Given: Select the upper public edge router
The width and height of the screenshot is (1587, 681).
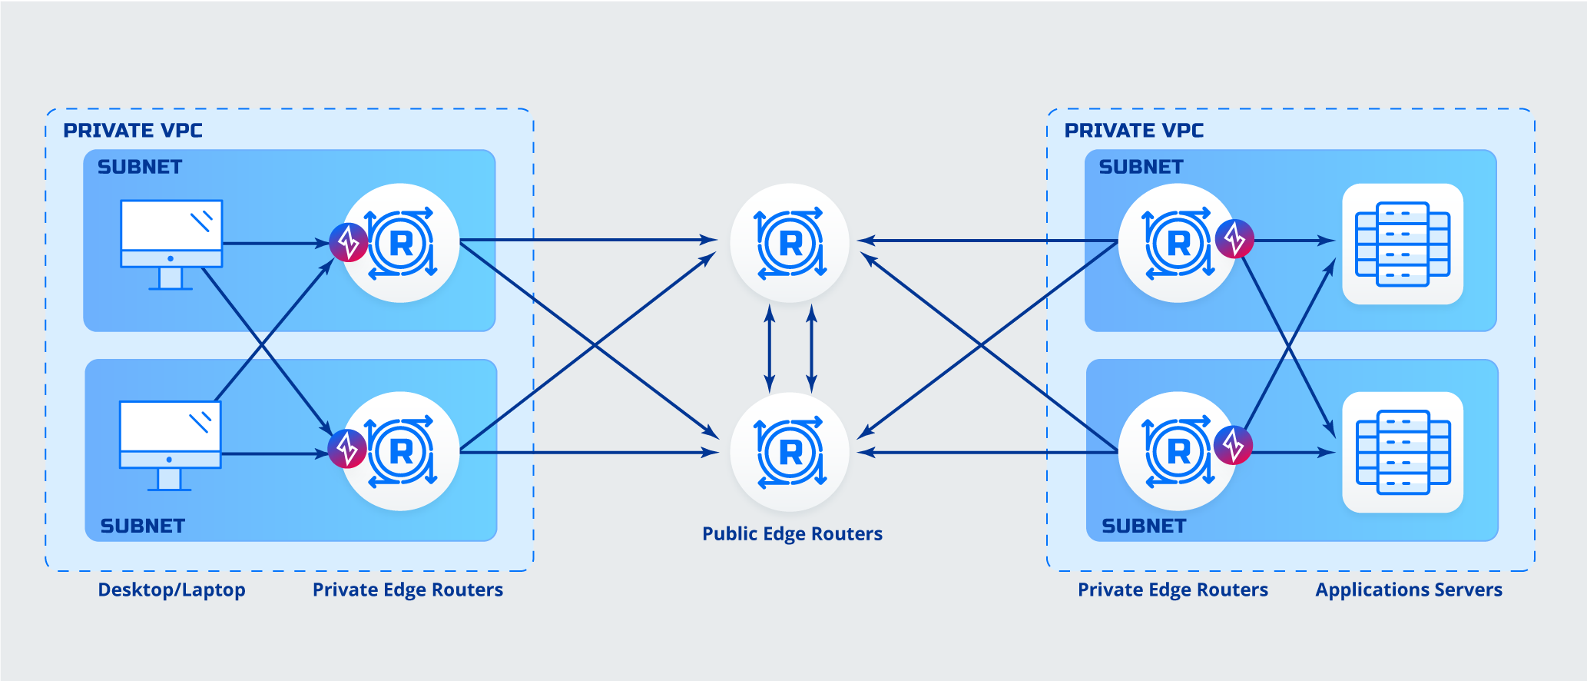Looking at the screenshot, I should click(x=790, y=243).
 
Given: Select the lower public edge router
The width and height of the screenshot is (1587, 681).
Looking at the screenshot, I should click(x=790, y=452).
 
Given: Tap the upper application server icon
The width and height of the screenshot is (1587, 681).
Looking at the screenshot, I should click(x=1403, y=244).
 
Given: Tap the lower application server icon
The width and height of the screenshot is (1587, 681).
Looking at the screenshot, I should click(x=1403, y=452).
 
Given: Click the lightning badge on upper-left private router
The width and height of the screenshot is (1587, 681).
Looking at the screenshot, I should click(x=349, y=243).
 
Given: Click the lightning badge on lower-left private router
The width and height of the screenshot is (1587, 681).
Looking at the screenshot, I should click(x=347, y=449).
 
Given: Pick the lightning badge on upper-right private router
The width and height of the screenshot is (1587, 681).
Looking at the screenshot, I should click(x=1234, y=239).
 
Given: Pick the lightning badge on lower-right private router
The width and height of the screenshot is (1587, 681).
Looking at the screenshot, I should click(x=1233, y=445).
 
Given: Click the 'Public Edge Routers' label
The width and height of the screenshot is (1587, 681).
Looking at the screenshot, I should click(x=792, y=534).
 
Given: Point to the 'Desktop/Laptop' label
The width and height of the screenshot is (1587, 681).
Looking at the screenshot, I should click(x=171, y=590).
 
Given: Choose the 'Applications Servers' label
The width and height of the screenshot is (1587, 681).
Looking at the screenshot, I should click(x=1409, y=590).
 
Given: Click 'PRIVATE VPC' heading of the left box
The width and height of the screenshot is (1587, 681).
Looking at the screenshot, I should click(x=133, y=131).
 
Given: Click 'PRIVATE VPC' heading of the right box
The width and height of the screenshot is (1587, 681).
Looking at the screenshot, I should click(x=1134, y=131).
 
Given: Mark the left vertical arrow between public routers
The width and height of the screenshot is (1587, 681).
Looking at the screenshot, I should click(x=770, y=347).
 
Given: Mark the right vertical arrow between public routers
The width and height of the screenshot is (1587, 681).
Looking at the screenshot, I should click(x=811, y=347).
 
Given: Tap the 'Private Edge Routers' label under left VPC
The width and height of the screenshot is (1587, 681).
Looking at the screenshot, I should click(x=408, y=590).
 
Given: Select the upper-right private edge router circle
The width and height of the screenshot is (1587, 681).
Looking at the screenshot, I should click(x=1177, y=243).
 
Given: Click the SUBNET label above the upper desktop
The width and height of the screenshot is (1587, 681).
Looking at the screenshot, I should click(x=140, y=167).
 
